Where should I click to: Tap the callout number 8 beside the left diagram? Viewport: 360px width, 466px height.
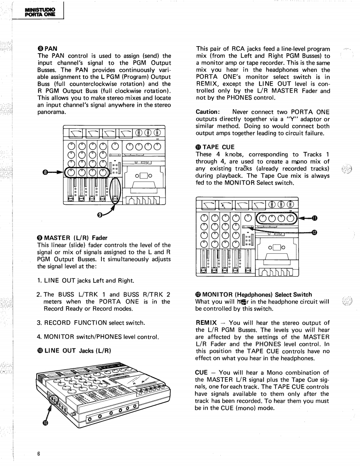pyautogui.click(x=45, y=172)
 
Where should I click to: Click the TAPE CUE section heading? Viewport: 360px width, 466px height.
pyautogui.click(x=215, y=147)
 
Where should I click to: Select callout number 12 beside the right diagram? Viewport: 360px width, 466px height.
pyautogui.click(x=314, y=233)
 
